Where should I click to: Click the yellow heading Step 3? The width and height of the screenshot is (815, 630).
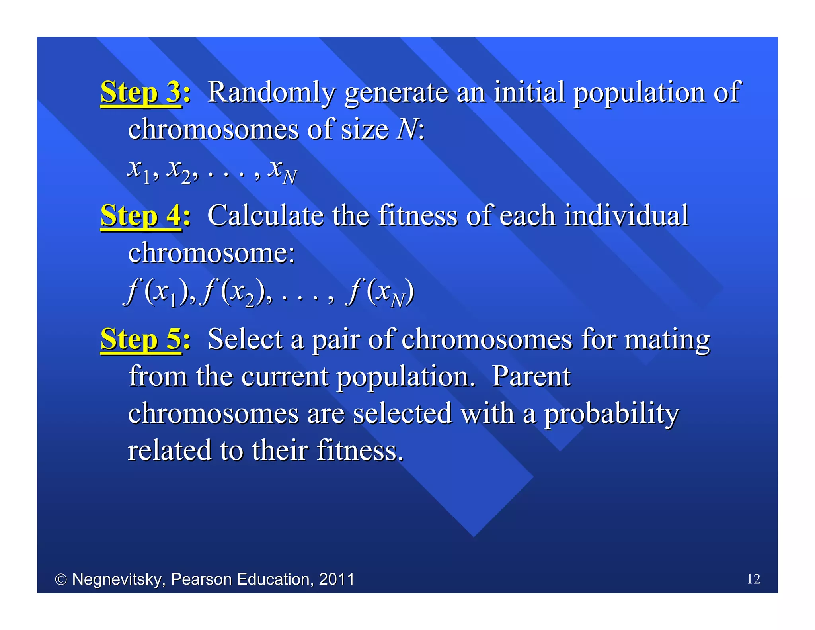point(141,92)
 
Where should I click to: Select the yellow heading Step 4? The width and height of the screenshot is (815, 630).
point(141,216)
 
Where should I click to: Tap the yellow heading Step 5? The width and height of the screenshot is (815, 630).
point(141,339)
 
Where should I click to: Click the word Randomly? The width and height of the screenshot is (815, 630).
point(271,92)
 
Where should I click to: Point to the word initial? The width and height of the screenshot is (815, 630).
point(529,92)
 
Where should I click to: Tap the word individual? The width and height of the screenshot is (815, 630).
point(626,216)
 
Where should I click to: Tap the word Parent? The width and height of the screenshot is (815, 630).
point(531,376)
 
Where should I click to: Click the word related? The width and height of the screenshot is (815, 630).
point(170,450)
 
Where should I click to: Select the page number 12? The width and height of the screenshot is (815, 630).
point(753,579)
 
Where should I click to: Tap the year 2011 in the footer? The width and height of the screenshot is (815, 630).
point(337,579)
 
